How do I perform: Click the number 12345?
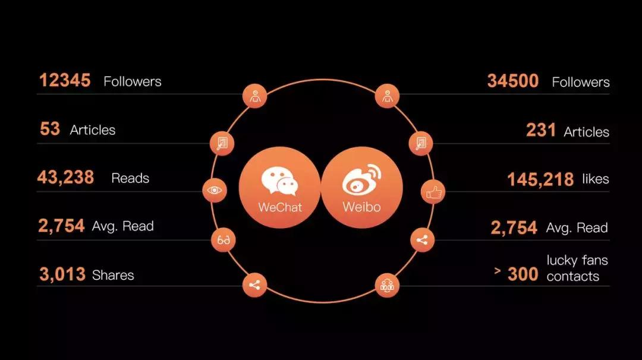65,80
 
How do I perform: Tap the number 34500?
512,81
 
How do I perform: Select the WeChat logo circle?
279,187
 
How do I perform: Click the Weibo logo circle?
362,187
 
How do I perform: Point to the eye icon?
215,190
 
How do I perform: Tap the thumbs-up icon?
433,191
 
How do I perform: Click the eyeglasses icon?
223,240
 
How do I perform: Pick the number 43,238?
65,178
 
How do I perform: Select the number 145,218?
540,179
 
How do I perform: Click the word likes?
596,179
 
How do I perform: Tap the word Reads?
130,178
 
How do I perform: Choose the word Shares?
113,275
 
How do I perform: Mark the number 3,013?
62,274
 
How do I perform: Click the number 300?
523,274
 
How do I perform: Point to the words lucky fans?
577,260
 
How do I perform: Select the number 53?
50,129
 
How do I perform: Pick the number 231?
541,131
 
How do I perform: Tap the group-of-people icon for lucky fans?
387,285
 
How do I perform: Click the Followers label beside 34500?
581,82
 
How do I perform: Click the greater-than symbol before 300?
498,270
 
